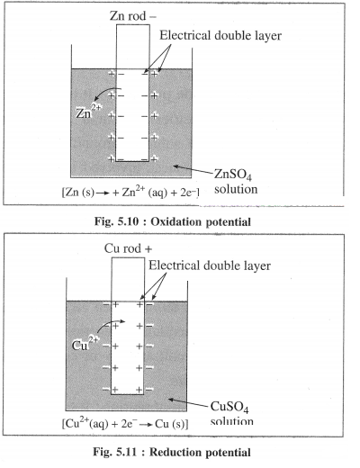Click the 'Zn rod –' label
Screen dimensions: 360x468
click(x=133, y=16)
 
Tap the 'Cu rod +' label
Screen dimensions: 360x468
click(x=128, y=248)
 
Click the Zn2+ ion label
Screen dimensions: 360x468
click(x=88, y=112)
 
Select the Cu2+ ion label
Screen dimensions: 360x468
click(x=85, y=344)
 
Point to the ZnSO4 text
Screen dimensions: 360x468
click(x=233, y=175)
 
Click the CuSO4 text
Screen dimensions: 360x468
click(x=229, y=407)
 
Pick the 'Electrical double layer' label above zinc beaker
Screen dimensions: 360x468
click(x=220, y=35)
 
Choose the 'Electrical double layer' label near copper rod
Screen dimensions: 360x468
click(x=210, y=265)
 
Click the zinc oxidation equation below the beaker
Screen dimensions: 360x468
click(x=130, y=192)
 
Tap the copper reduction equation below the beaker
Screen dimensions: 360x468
click(x=125, y=424)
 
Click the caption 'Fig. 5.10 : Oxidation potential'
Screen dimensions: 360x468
click(x=173, y=221)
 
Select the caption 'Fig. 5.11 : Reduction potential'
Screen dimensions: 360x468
click(x=172, y=452)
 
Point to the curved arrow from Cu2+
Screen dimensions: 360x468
click(x=109, y=324)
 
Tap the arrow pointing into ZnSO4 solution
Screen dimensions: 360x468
click(x=193, y=169)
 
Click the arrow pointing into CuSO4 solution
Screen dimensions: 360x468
click(x=188, y=403)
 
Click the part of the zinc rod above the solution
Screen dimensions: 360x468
click(x=133, y=47)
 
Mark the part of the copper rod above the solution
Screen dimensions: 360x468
click(x=128, y=280)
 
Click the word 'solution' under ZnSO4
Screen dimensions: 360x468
click(x=236, y=189)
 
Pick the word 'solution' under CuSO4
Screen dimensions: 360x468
click(x=232, y=421)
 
